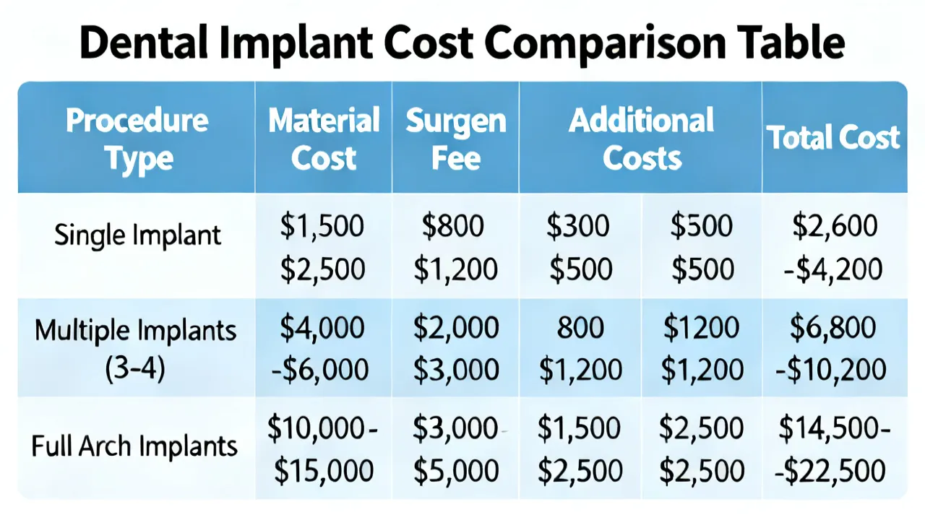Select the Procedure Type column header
coord(137,140)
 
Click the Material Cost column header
coord(324,139)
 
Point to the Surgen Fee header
coord(456,139)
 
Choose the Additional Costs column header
coord(641,139)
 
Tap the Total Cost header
coord(833,137)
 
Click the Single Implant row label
coord(137,235)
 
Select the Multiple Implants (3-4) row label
coord(135,350)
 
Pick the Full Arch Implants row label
coord(134,446)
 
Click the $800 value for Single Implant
coord(452,226)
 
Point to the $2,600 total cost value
coord(835,226)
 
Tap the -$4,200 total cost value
coord(833,269)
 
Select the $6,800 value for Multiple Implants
coord(833,328)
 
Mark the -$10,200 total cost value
coord(831,369)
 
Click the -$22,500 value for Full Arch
coord(830,470)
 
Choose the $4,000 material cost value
coord(322,328)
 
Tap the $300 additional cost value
coord(577,226)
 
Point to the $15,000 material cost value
coord(324,470)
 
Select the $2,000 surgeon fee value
coord(456,328)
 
